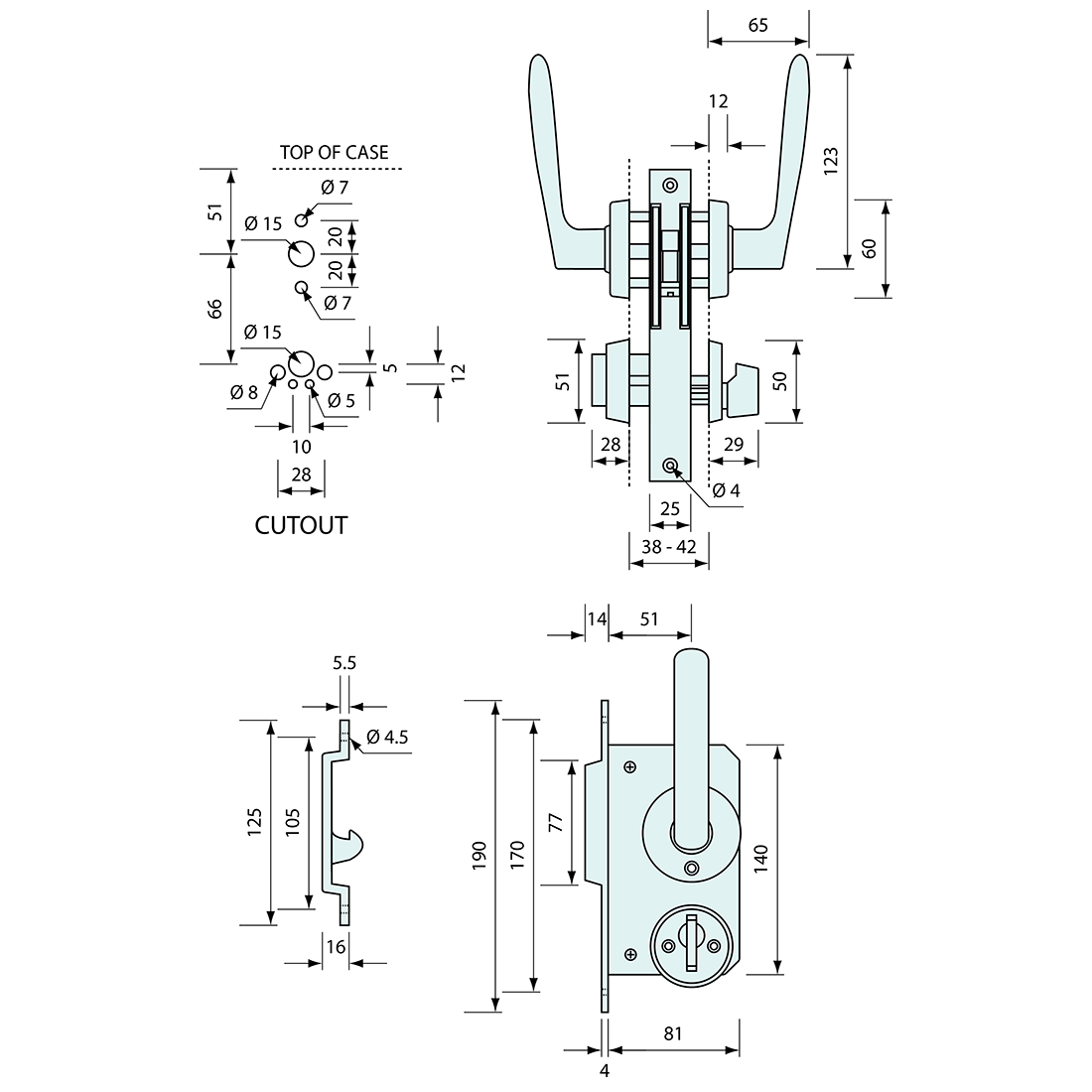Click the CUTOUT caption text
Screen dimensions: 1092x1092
(x=301, y=525)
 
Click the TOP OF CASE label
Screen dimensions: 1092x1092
(x=334, y=152)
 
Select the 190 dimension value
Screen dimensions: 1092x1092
(x=479, y=856)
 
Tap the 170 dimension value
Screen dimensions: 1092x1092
(x=517, y=856)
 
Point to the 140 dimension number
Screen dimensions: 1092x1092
(x=760, y=858)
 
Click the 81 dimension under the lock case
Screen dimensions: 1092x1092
(x=673, y=1033)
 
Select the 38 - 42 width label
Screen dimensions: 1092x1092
(x=668, y=546)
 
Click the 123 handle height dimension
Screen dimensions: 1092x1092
(x=831, y=161)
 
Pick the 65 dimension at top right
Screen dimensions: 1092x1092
(x=757, y=26)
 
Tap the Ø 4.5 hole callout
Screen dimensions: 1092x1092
(x=387, y=737)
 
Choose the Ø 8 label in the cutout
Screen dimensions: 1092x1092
(x=244, y=392)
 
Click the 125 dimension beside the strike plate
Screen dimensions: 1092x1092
(x=254, y=821)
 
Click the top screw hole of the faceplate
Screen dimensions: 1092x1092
(x=670, y=185)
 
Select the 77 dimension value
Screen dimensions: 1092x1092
(x=555, y=822)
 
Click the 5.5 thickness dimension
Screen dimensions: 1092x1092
(x=344, y=690)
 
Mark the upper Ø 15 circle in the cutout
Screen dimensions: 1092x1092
(x=301, y=254)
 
